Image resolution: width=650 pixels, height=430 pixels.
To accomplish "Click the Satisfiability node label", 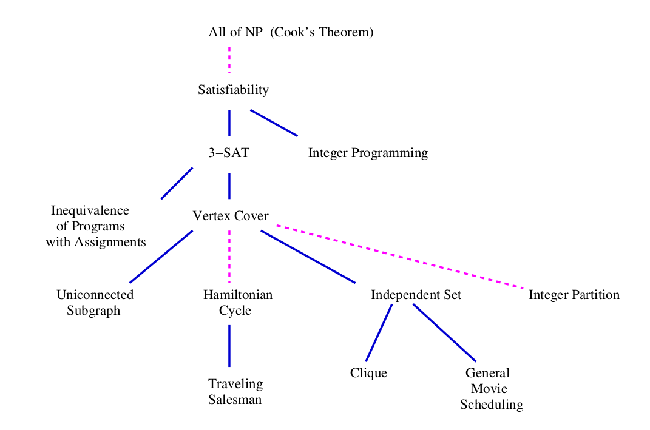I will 233,90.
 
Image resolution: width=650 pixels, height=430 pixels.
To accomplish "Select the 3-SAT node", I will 228,153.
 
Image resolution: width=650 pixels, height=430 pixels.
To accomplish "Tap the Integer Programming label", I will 368,153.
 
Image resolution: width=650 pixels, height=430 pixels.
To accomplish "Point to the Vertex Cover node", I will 230,215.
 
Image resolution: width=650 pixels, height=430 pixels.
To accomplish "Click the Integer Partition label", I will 574,295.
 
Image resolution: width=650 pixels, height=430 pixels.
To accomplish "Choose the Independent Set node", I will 416,295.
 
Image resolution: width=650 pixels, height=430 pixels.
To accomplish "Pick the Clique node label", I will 368,373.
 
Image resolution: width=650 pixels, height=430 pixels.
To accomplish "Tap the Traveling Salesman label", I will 235,392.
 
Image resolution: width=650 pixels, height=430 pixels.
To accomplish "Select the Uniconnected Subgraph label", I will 95,303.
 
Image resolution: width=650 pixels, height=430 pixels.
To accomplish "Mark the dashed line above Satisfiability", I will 229,59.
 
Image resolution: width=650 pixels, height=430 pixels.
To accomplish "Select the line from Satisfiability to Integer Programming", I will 274,123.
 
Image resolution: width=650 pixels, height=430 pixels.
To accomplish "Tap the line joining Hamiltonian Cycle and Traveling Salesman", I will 229,346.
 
